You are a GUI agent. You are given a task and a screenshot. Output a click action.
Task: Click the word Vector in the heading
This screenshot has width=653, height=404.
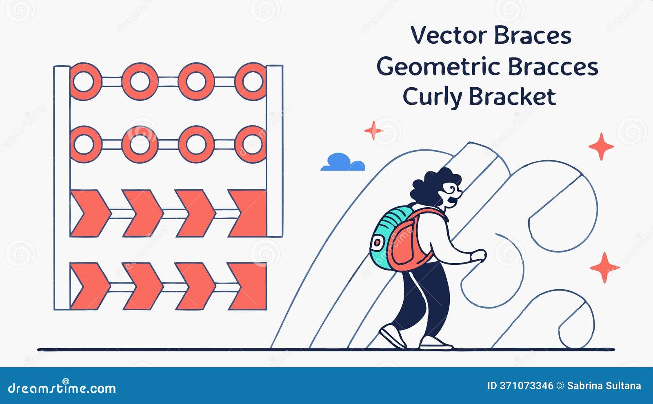pyautogui.click(x=449, y=35)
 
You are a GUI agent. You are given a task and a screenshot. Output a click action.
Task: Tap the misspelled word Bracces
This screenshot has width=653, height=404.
pyautogui.click(x=553, y=67)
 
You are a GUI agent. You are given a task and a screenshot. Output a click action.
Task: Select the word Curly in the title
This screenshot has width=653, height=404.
pyautogui.click(x=433, y=97)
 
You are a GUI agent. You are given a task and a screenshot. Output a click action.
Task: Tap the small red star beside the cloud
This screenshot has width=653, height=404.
pyautogui.click(x=373, y=130)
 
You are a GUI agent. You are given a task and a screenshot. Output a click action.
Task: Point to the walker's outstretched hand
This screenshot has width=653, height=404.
pyautogui.click(x=478, y=255)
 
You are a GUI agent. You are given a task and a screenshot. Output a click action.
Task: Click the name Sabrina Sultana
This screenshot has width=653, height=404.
pyautogui.click(x=604, y=386)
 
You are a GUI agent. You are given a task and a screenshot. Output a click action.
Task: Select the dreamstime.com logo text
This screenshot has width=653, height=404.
pyautogui.click(x=62, y=388)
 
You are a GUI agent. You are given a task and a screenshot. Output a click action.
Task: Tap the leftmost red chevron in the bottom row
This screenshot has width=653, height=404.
pyautogui.click(x=90, y=286)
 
